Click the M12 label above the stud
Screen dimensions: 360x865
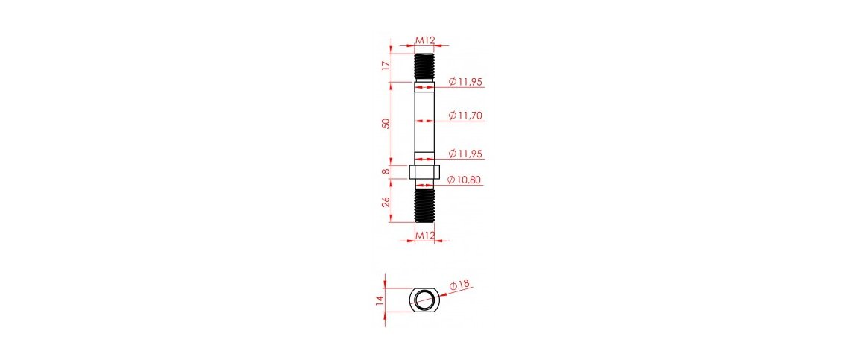424,40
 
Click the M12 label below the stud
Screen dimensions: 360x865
424,236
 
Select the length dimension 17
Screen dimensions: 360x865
386,66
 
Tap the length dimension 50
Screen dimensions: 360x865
386,122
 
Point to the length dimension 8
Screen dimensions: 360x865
386,172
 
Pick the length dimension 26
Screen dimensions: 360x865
386,201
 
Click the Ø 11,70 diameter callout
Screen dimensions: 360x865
465,115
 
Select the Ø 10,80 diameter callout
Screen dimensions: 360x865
465,179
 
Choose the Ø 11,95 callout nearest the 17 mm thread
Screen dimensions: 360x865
465,81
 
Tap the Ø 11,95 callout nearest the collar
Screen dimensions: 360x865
465,154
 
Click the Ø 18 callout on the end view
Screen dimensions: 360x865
459,285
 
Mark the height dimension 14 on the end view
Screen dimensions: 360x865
380,300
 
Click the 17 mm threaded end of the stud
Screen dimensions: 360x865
424,67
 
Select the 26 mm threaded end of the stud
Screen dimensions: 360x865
424,204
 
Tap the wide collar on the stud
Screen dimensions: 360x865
424,172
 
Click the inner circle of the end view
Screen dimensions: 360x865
425,300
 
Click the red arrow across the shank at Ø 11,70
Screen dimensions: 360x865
424,121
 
